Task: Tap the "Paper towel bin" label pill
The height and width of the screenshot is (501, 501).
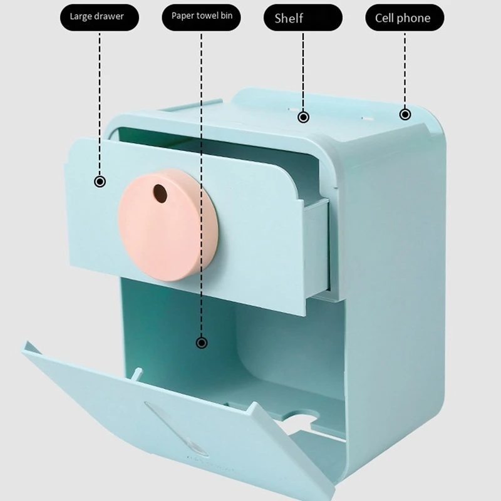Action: point(202,17)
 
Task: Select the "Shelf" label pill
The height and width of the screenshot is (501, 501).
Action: point(303,18)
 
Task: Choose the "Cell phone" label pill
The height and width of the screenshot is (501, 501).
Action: point(404,18)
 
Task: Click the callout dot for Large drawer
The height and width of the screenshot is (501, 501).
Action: point(100,182)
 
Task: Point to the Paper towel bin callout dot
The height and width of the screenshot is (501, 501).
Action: point(202,343)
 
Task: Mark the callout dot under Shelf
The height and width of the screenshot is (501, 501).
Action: point(303,116)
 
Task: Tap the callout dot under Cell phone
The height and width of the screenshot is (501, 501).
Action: point(405,114)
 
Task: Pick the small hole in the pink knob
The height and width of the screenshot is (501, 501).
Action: point(160,194)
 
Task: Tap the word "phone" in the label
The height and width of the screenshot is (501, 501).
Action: point(418,18)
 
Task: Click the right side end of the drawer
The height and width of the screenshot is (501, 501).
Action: point(316,250)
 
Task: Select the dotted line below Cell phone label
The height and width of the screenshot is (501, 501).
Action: point(405,69)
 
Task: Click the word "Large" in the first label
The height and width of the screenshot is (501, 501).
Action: point(81,17)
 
